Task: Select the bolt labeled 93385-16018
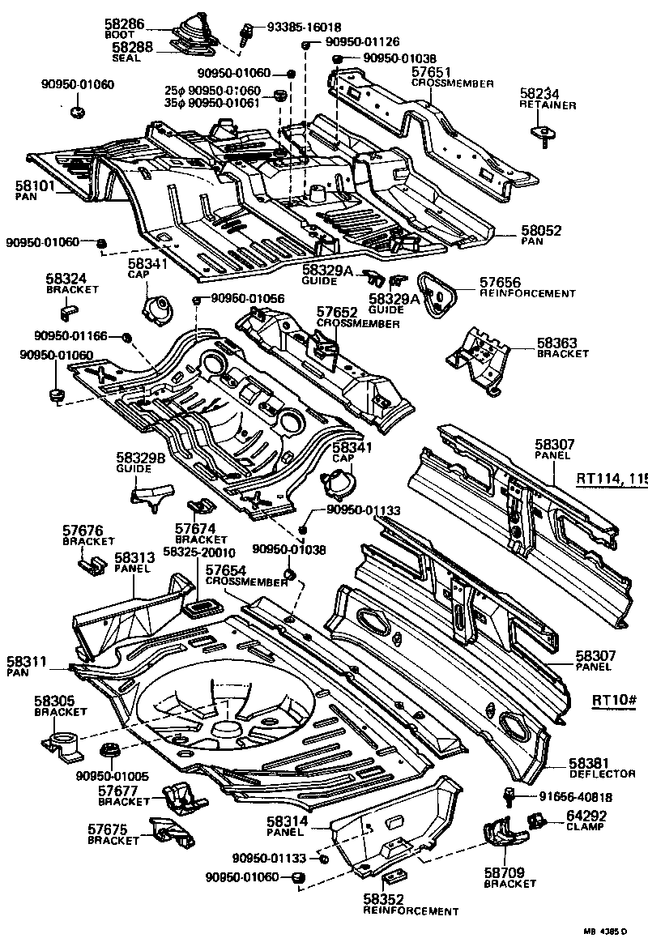(x=242, y=35)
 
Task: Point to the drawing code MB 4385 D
(x=607, y=929)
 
